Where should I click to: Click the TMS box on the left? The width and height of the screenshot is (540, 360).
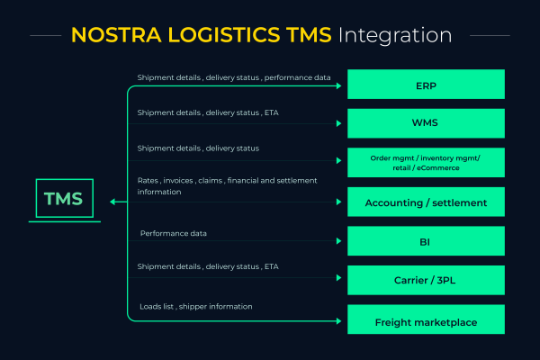click(x=64, y=200)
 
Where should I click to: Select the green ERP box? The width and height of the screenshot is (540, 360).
click(x=426, y=85)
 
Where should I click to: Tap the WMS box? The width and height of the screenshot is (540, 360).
click(x=426, y=124)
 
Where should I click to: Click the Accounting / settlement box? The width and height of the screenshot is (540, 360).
click(x=426, y=202)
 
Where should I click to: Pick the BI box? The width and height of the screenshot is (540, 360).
click(x=426, y=241)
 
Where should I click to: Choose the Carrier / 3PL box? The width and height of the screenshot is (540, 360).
click(x=426, y=280)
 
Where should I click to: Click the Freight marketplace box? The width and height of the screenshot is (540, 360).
click(x=426, y=321)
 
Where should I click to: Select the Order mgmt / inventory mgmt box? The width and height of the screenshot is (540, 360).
click(x=426, y=163)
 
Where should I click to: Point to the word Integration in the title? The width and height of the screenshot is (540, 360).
click(x=396, y=36)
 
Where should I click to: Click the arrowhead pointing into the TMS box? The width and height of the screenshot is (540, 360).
click(x=112, y=202)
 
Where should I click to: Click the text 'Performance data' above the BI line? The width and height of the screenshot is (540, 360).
click(x=173, y=233)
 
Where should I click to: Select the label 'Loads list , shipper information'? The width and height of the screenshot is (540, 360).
click(x=195, y=306)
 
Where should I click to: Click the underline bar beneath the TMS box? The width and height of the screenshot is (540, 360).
click(x=64, y=222)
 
